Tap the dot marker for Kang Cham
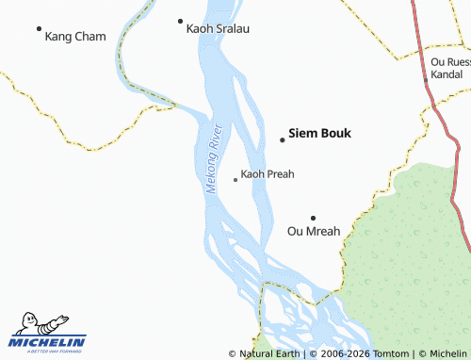(x=39, y=29)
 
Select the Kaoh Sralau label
(x=219, y=29)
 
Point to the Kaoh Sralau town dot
(x=180, y=21)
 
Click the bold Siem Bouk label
(x=319, y=133)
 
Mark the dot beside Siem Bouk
(x=282, y=140)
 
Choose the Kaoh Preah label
(x=268, y=174)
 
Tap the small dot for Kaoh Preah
(x=235, y=179)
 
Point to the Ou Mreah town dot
(x=313, y=218)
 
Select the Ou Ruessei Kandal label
(x=449, y=67)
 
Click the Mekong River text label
(x=213, y=158)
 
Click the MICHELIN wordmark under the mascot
(x=47, y=342)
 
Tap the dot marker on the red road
(x=426, y=80)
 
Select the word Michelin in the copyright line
(x=447, y=354)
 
